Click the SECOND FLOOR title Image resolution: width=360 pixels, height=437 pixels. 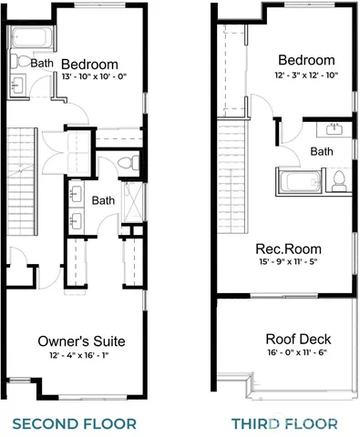75,423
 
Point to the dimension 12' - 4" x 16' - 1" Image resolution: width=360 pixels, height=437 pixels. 81,355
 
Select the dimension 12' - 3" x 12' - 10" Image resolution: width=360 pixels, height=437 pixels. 305,76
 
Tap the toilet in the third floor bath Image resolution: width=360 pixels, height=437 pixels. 340,180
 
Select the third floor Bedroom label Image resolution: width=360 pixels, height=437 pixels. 305,61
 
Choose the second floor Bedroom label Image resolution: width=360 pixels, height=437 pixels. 90,64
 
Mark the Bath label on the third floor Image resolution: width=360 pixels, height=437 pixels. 321,151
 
